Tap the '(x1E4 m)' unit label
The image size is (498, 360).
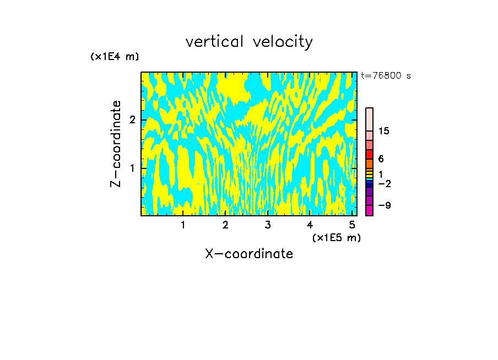coord(115,57)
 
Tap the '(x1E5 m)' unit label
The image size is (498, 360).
coord(336,237)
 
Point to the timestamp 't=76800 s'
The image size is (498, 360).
coord(386,76)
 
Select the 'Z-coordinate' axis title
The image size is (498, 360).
coord(116,144)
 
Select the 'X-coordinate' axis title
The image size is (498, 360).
coord(249,254)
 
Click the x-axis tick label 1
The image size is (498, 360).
coord(183,225)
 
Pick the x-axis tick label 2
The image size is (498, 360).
coord(225,225)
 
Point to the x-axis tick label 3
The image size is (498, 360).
coord(267,225)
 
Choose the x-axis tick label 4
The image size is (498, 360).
coord(310,225)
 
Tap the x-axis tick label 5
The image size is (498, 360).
coord(352,225)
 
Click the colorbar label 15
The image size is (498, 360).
coord(384,131)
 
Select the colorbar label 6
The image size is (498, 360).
coord(381,159)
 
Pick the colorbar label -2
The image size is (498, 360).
coord(384,183)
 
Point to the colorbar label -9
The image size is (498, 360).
coord(384,205)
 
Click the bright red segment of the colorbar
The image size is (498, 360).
coord(369,154)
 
